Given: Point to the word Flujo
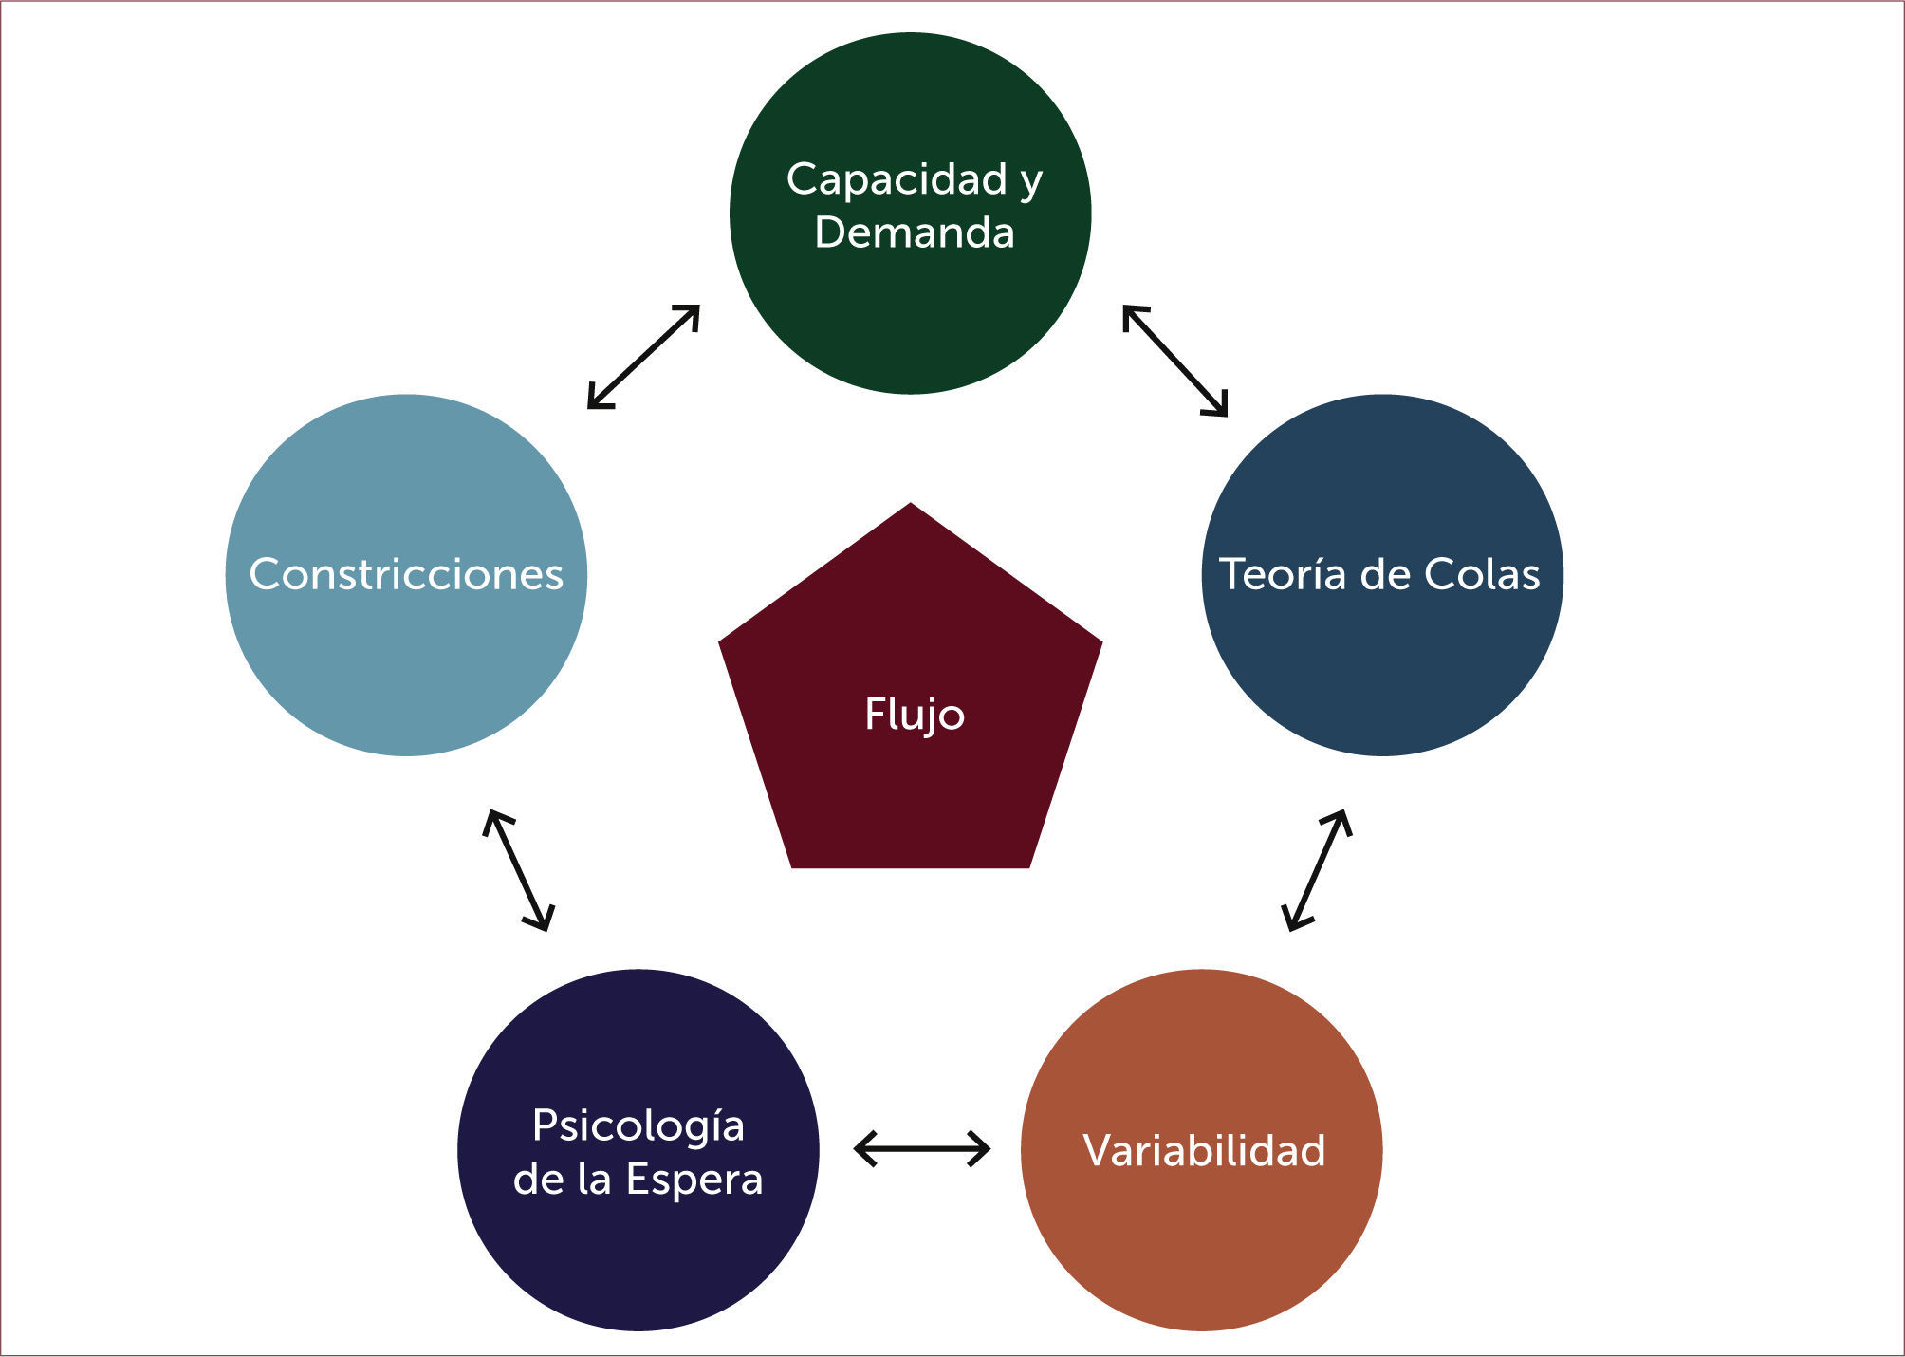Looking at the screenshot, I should pyautogui.click(x=914, y=715).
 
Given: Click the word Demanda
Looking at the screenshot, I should pyautogui.click(x=914, y=232).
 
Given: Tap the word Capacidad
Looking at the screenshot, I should pyautogui.click(x=897, y=179).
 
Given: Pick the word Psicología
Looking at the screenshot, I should pyautogui.click(x=638, y=1126).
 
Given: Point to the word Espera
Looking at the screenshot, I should pyautogui.click(x=694, y=1180).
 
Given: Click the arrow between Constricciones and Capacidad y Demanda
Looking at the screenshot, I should pyautogui.click(x=643, y=357).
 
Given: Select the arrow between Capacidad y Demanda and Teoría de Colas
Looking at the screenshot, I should pyautogui.click(x=1175, y=361).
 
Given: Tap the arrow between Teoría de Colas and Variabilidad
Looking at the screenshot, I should pyautogui.click(x=1316, y=870).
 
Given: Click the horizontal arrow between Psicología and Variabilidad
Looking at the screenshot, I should pyautogui.click(x=921, y=1148).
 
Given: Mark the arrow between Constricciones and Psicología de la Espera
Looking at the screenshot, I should pyautogui.click(x=518, y=870).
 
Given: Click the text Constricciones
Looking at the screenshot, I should pyautogui.click(x=406, y=574).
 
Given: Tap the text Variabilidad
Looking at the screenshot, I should pyautogui.click(x=1203, y=1150).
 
